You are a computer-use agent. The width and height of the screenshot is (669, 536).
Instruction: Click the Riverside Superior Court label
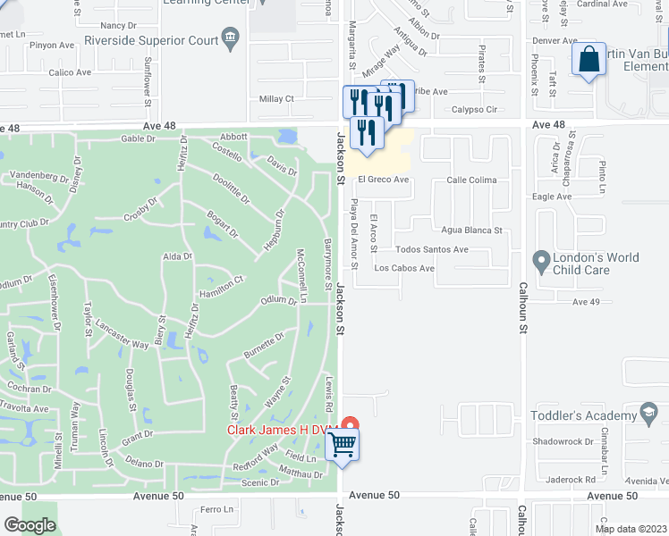point(149,40)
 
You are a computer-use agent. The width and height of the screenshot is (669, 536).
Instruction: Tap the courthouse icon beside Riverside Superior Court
point(231,37)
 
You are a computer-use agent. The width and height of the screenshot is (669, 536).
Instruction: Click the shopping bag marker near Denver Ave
point(589,61)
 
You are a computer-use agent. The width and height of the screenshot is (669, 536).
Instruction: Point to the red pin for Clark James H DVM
point(350,426)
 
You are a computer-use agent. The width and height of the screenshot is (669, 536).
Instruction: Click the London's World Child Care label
point(597,264)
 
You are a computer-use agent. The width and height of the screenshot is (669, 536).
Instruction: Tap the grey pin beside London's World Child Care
point(540,262)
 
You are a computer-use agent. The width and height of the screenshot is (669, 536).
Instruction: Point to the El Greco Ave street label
point(384,180)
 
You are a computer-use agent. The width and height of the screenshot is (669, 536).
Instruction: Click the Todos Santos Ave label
point(432,250)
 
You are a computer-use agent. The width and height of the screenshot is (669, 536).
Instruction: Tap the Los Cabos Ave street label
point(404,268)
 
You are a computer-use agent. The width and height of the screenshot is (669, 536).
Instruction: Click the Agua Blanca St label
point(472,230)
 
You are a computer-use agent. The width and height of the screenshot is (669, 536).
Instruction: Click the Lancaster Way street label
point(122,333)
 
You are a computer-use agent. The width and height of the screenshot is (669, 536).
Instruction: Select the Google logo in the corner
point(30,525)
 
